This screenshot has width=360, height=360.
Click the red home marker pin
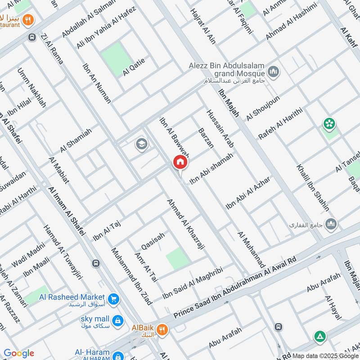point(180,162)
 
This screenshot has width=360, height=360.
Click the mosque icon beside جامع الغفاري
point(331,224)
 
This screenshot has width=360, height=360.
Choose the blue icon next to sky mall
point(117,320)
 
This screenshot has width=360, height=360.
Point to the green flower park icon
point(329,123)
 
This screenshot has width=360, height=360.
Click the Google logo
point(19,353)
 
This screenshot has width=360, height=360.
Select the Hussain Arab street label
point(220,129)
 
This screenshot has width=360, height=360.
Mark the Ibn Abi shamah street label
point(211,168)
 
